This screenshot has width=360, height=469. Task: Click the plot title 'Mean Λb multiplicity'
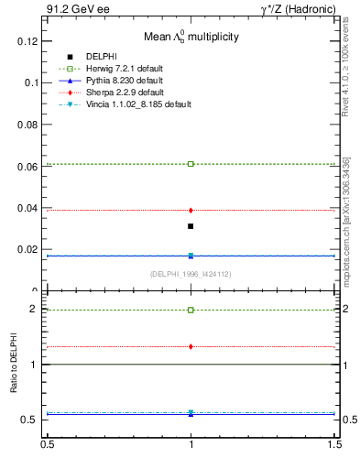191,38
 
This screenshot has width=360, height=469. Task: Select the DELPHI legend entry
101,57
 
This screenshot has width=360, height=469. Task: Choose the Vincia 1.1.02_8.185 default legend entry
137,104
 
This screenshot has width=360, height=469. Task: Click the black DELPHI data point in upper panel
191,225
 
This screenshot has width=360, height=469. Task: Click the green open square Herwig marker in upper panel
191,164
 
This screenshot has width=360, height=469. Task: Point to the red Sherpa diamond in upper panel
191,210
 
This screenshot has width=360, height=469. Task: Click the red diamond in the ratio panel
191,346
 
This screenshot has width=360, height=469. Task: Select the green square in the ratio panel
191,310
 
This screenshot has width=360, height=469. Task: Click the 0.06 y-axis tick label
29,167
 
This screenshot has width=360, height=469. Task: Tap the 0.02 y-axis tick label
29,249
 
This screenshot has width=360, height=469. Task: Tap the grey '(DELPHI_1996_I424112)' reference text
191,274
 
